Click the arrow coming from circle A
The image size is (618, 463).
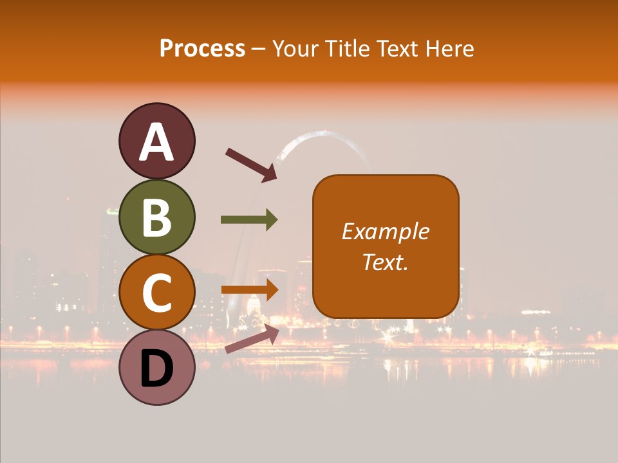click(250, 163)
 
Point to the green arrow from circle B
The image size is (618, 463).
click(249, 220)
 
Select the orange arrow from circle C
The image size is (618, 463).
click(249, 289)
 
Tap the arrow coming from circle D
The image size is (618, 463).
click(252, 339)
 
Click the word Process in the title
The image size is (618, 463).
click(202, 48)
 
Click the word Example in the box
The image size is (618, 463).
click(385, 232)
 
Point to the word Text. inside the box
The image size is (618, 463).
click(385, 262)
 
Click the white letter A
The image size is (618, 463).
click(156, 142)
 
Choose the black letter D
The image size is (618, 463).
click(156, 368)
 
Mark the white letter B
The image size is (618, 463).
click(156, 217)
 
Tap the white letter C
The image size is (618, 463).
click(156, 293)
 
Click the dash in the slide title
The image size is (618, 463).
click(259, 49)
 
